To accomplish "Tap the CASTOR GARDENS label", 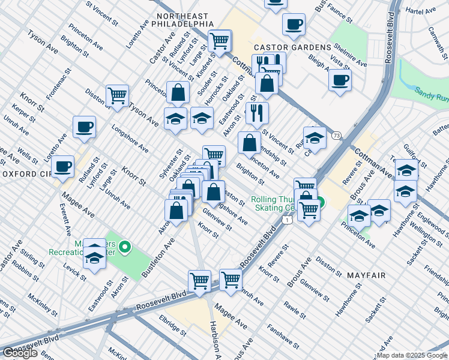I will coord(292,47).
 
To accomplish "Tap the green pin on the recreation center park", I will coord(125,246).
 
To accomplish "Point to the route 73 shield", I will coord(337,136).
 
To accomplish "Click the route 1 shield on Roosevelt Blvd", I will coord(289,221).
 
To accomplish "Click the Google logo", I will coord(20,353).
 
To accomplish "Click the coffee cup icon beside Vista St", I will coord(340,80).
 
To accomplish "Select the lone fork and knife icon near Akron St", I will coord(257,112).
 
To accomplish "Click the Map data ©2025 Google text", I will coord(412,355).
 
